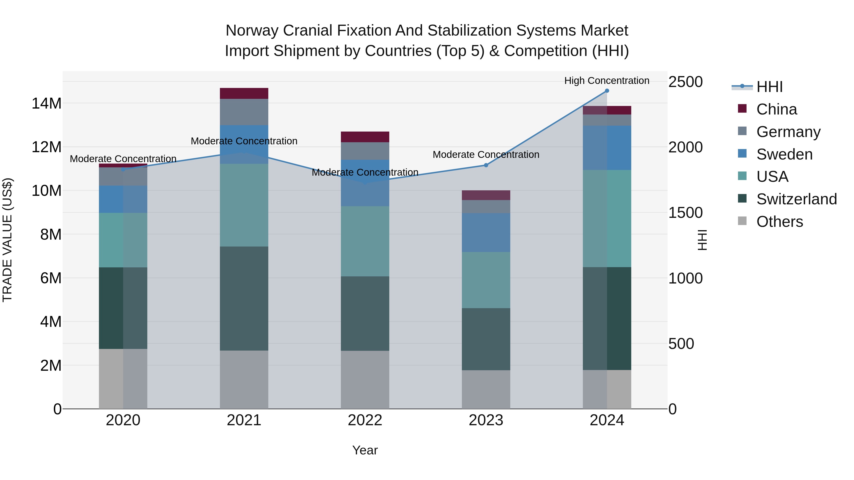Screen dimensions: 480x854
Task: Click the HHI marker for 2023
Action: [x=486, y=165]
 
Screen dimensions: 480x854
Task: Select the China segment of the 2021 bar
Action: [x=244, y=93]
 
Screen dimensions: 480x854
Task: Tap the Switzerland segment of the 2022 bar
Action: [x=365, y=313]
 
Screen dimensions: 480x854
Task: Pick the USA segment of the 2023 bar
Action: [x=486, y=280]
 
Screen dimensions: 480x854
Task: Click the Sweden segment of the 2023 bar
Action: [x=486, y=233]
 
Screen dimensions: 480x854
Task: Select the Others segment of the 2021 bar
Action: [x=244, y=380]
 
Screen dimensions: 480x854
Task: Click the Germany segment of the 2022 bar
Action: [x=365, y=151]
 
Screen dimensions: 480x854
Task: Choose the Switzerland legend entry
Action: [x=796, y=199]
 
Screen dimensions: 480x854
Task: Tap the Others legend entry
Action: [x=780, y=222]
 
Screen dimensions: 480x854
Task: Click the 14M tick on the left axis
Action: [x=46, y=103]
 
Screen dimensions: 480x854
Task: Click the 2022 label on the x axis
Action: [x=365, y=420]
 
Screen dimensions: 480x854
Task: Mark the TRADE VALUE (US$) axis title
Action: [x=7, y=240]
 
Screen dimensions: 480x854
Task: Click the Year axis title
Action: [x=365, y=450]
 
